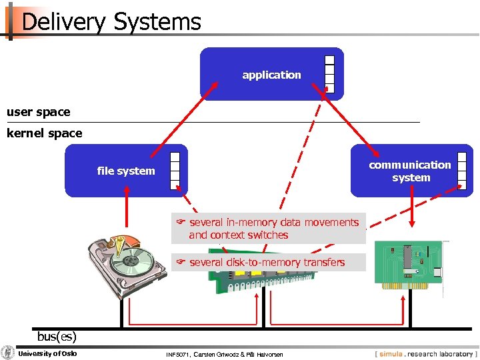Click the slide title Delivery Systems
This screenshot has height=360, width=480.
pyautogui.click(x=111, y=22)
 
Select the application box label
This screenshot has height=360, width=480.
pyautogui.click(x=271, y=75)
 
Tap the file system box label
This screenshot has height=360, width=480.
pyautogui.click(x=126, y=171)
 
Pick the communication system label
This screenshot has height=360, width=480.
pyautogui.click(x=411, y=171)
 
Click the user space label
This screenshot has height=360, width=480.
pyautogui.click(x=38, y=112)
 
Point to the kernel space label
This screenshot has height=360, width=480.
pyautogui.click(x=44, y=133)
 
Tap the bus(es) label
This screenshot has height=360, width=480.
pyautogui.click(x=57, y=335)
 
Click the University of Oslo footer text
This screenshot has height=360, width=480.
pyautogui.click(x=47, y=353)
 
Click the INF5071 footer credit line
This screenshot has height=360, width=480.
pyautogui.click(x=224, y=354)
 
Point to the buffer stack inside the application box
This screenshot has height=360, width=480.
pyautogui.click(x=329, y=73)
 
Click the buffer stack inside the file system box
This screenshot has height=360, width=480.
pyautogui.click(x=175, y=170)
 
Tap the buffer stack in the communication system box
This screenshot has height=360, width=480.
pyautogui.click(x=462, y=170)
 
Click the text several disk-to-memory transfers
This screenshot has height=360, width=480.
pyautogui.click(x=267, y=263)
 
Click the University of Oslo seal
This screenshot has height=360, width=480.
pyautogui.click(x=8, y=353)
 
